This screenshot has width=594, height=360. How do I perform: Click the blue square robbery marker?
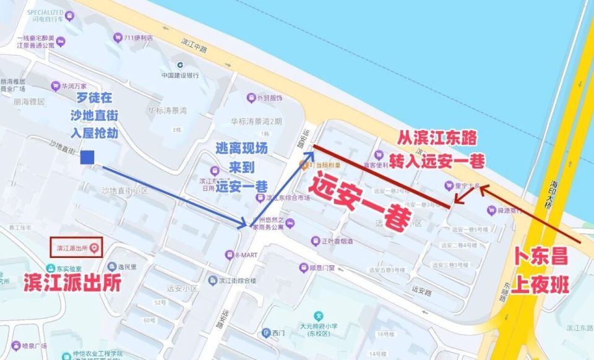tap(87, 158)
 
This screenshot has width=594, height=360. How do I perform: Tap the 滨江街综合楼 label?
tap(238, 280)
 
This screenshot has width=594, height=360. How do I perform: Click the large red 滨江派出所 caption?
tap(72, 282)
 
